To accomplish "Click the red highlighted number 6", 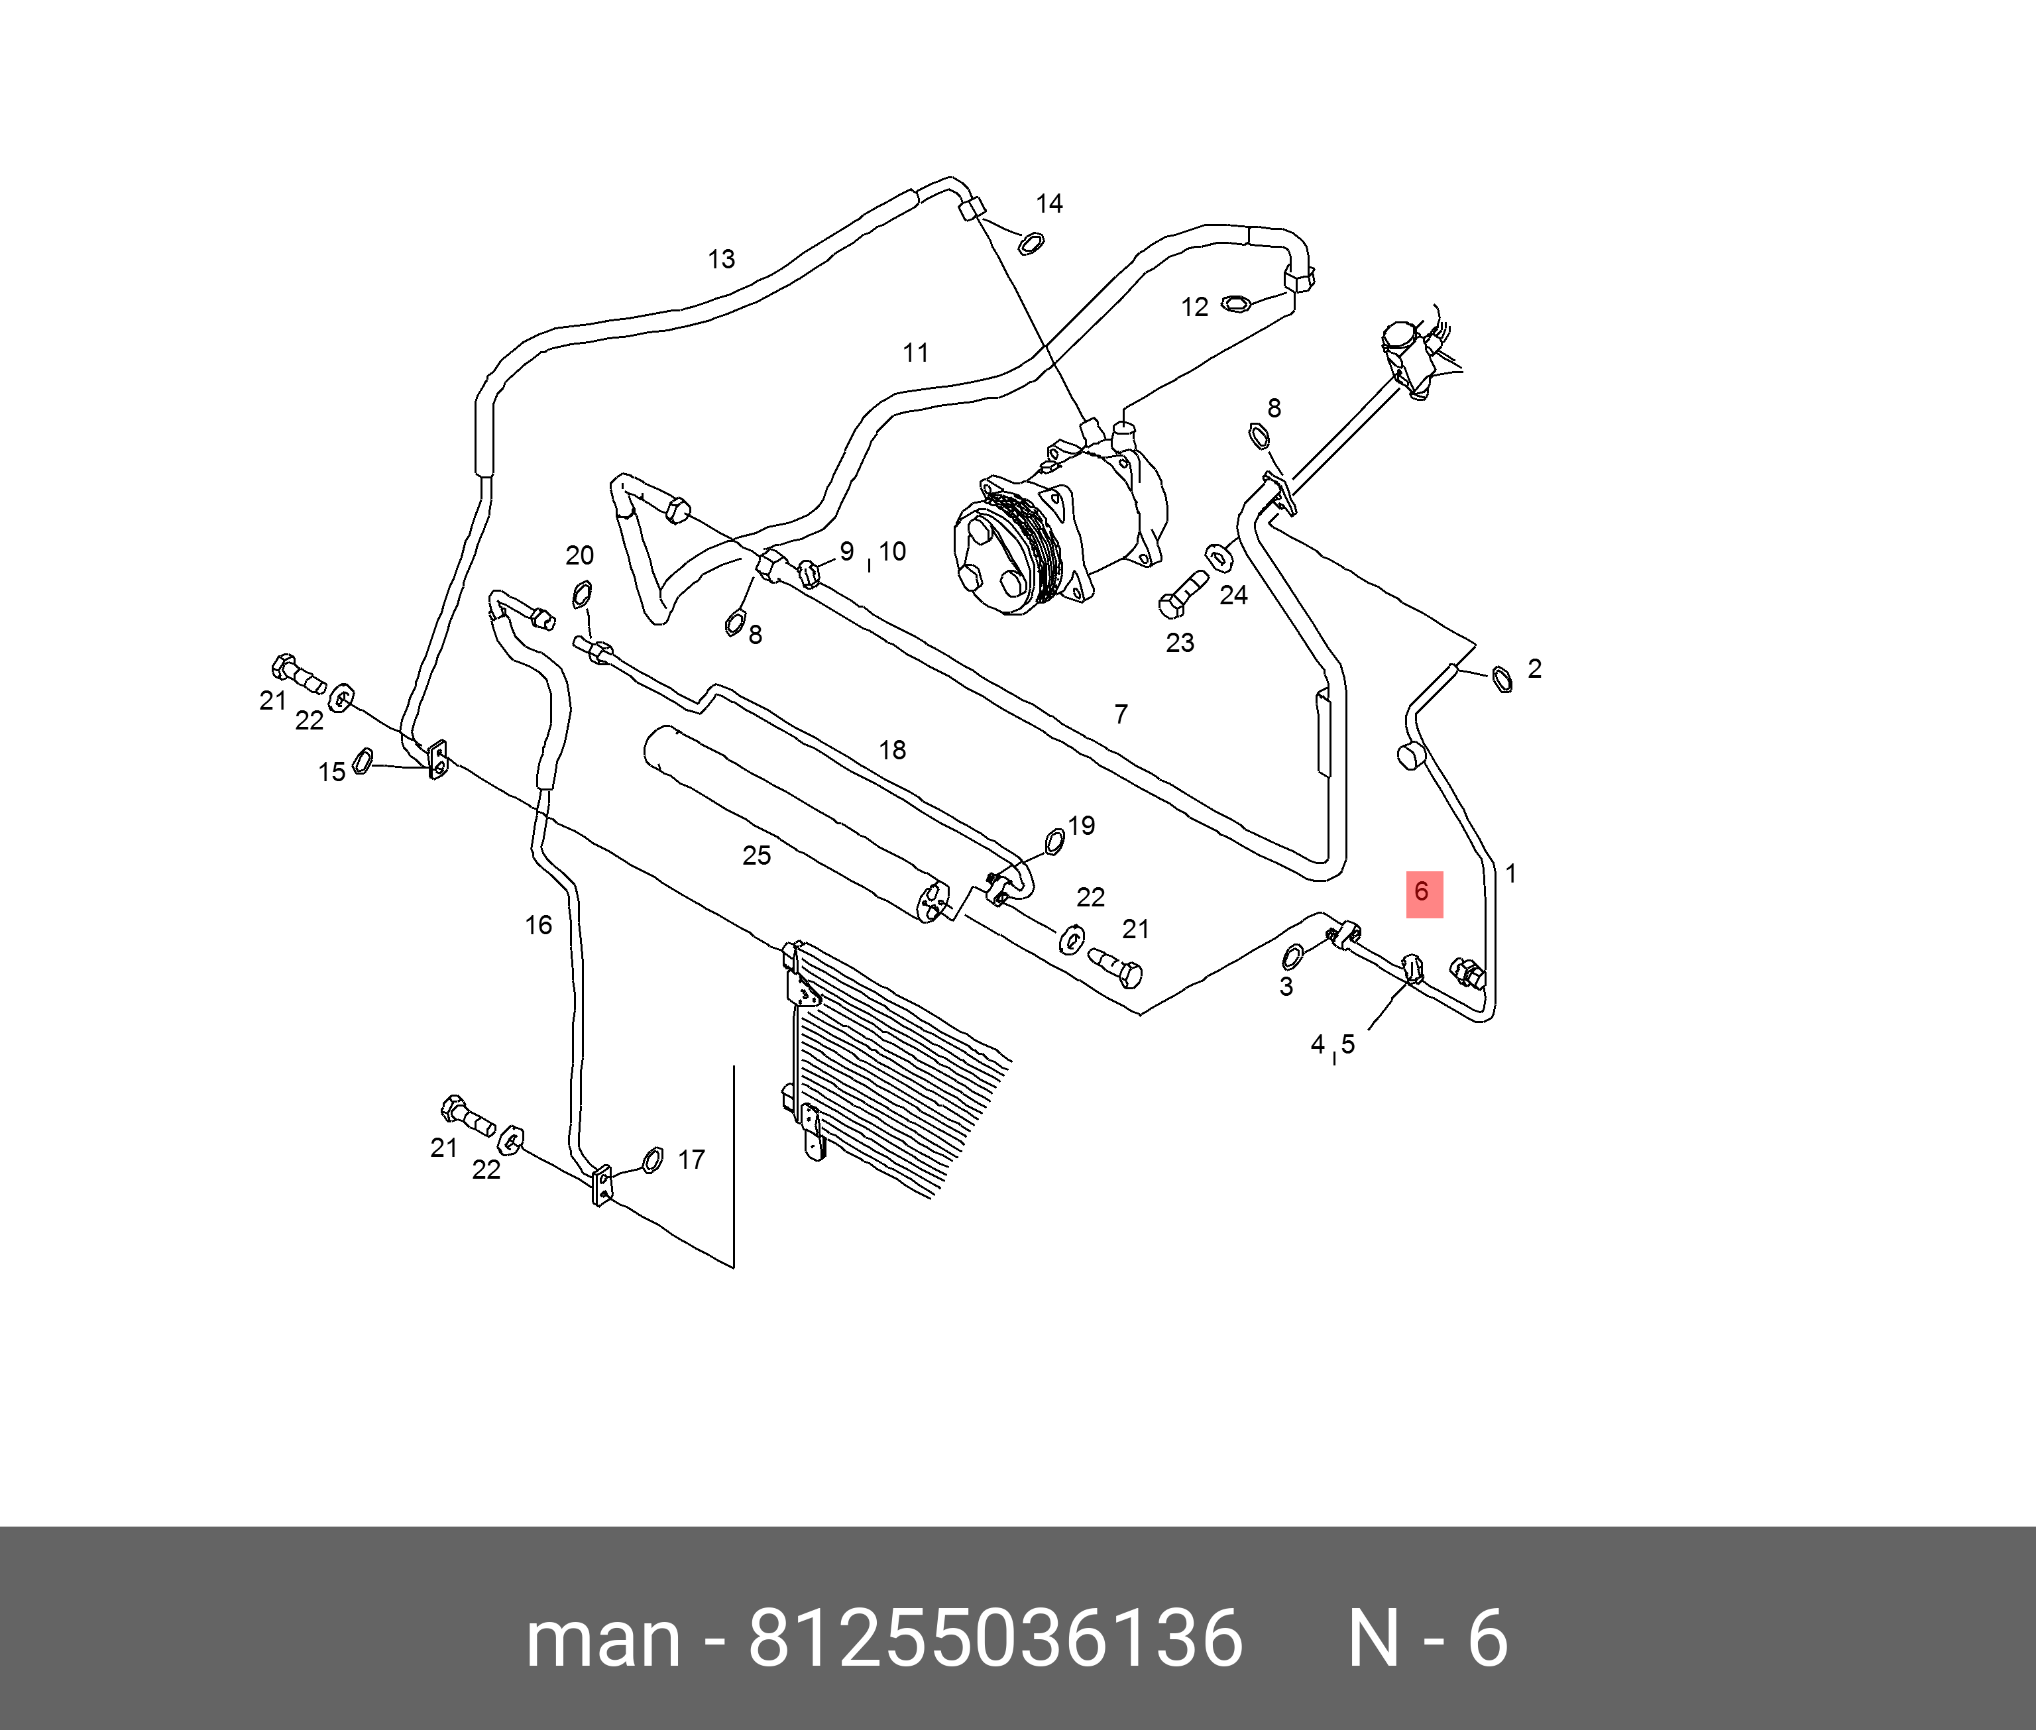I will tap(1423, 892).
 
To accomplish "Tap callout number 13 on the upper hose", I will tap(721, 260).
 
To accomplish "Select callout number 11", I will tap(915, 353).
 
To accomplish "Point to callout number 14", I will tap(1048, 204).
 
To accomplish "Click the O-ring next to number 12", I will tap(1236, 304).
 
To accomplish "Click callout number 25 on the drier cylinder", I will tap(756, 856).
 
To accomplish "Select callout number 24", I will tap(1233, 595).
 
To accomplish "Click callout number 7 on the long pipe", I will tap(1121, 714).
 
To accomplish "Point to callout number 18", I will tap(891, 750).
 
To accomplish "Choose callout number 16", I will tap(538, 925).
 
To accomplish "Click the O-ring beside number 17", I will tap(652, 1160).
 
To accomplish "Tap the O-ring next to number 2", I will tap(1500, 678).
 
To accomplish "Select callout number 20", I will tap(580, 556).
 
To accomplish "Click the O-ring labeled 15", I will tap(362, 760).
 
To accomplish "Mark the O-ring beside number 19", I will tap(1055, 839).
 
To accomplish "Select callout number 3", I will tap(1286, 987).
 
